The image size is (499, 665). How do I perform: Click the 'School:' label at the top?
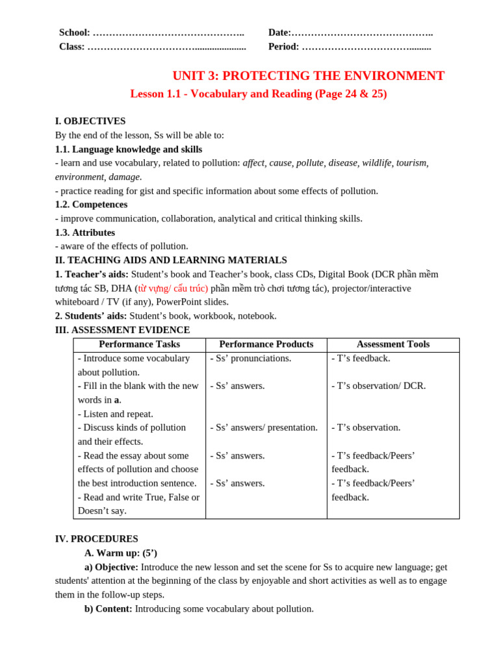(x=75, y=32)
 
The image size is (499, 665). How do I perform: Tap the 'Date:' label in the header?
(x=279, y=32)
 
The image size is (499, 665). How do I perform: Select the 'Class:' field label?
(x=72, y=47)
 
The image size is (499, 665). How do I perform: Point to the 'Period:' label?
(x=283, y=47)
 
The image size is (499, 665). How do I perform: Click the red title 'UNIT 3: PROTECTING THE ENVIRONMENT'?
(x=308, y=76)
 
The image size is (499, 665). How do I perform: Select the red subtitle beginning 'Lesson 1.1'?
(x=258, y=94)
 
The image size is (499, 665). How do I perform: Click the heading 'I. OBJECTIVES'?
(x=90, y=121)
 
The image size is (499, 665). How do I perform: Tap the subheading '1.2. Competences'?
(x=91, y=205)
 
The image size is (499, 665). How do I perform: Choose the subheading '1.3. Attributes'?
(x=85, y=232)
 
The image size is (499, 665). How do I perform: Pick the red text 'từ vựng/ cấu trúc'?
(x=172, y=288)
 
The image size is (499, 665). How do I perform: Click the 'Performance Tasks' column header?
(x=139, y=344)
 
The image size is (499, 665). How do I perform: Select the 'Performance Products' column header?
(x=266, y=344)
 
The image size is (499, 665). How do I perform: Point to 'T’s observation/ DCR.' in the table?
(x=380, y=386)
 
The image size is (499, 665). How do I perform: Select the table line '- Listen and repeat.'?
(x=116, y=414)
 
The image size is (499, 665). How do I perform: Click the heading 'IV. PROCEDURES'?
(x=96, y=539)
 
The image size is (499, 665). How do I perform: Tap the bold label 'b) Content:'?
(x=108, y=609)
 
